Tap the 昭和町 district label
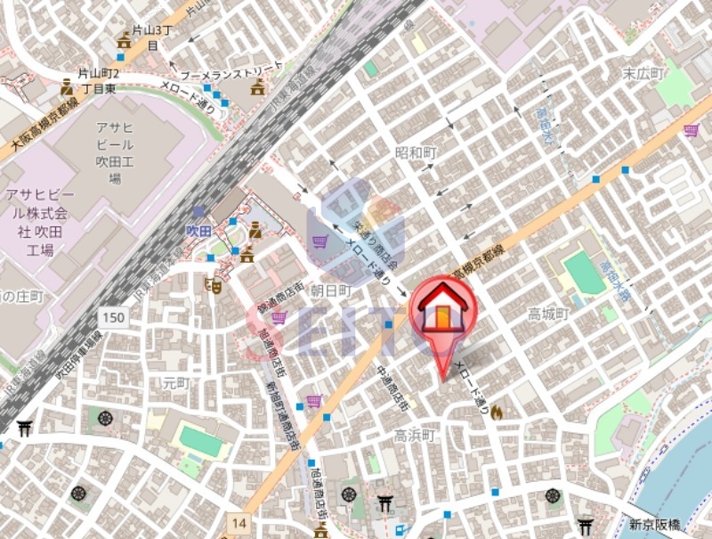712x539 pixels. click(x=417, y=153)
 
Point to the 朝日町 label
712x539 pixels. click(x=330, y=291)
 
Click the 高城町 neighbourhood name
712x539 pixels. click(x=548, y=314)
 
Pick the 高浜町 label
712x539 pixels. click(x=414, y=436)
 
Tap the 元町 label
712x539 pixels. click(x=176, y=383)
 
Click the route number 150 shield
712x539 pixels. click(x=113, y=318)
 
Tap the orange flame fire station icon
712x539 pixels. click(x=496, y=412)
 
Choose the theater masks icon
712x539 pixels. click(x=213, y=286)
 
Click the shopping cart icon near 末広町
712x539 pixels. click(x=691, y=131)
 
